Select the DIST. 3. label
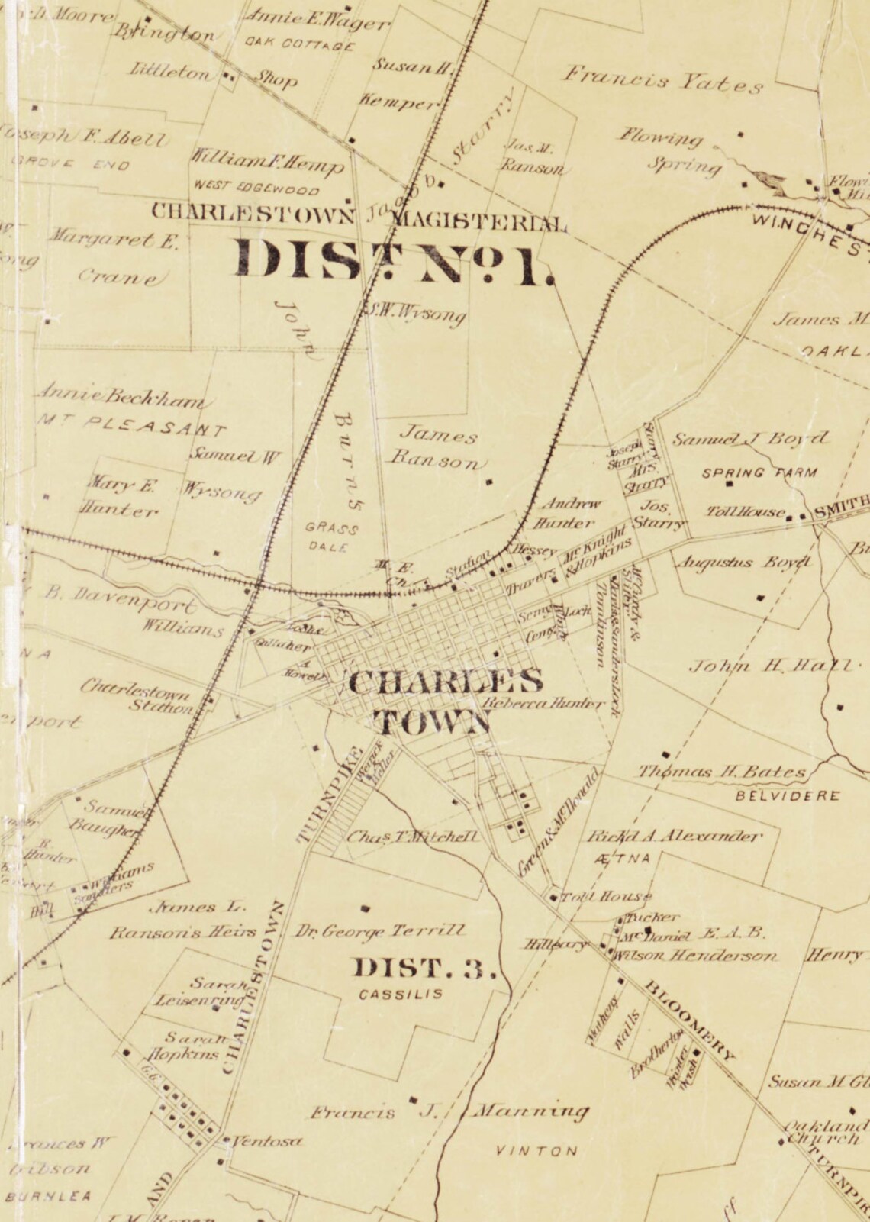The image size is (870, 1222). coord(424,969)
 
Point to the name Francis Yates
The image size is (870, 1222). coord(664,79)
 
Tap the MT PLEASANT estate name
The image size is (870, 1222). coord(131,424)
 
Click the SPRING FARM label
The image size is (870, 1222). coord(759,472)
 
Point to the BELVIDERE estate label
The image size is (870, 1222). coord(788,796)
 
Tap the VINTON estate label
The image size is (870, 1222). coord(537,1151)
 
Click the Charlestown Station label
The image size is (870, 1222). coord(144,699)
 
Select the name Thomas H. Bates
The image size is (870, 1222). coord(721,772)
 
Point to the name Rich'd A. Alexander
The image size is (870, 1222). coord(674,836)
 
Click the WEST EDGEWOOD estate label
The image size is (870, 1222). coord(256,188)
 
